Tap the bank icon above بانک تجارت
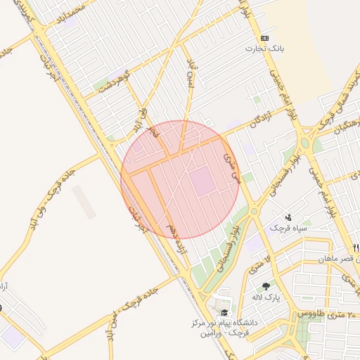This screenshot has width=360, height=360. pyautogui.click(x=264, y=38)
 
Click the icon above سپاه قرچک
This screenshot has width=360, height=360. pyautogui.click(x=288, y=217)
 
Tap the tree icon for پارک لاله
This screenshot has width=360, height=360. pyautogui.click(x=266, y=286)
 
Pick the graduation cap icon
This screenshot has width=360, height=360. pyautogui.click(x=224, y=313)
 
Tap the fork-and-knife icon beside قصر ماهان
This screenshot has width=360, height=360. pyautogui.click(x=356, y=247)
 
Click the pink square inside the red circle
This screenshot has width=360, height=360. pyautogui.click(x=203, y=181)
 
